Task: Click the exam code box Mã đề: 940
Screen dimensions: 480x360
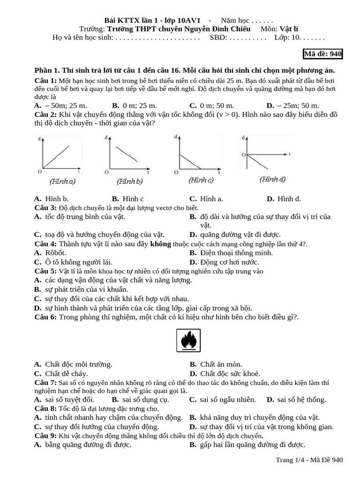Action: pos(323,54)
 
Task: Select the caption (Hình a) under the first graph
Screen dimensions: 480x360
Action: pos(63,181)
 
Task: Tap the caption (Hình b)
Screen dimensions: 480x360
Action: pos(130,181)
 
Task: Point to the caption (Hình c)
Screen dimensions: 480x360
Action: pos(201,180)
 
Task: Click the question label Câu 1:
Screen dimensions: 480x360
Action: pos(45,81)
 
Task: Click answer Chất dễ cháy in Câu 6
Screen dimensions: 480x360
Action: pos(67,374)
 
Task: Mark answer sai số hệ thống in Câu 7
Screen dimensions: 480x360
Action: pos(301,399)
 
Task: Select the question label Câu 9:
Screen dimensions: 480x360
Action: pos(45,436)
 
